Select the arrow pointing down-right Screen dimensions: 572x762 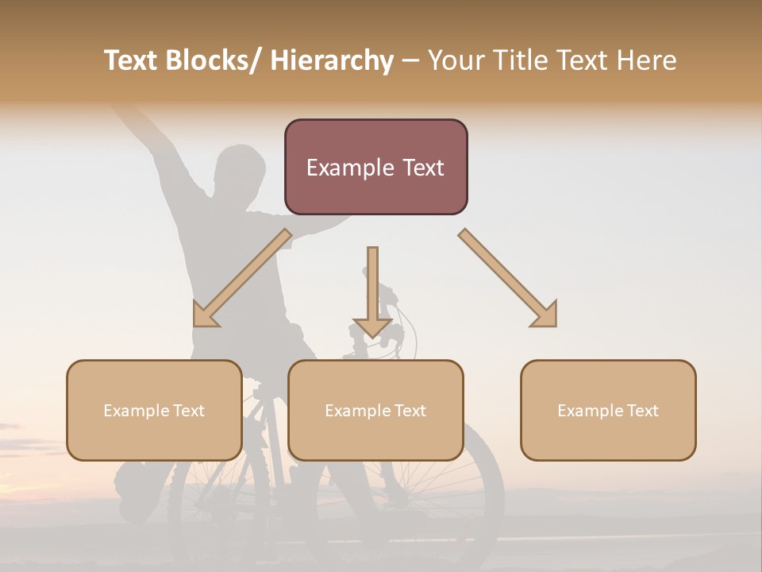point(508,278)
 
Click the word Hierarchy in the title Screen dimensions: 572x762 point(332,60)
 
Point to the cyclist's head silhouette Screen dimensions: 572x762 point(240,171)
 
